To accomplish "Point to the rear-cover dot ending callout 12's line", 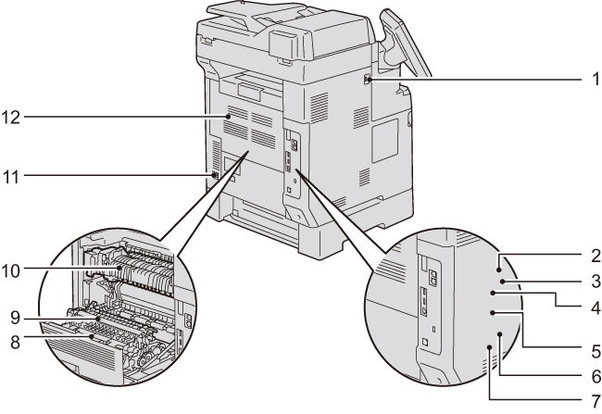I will tap(229, 117).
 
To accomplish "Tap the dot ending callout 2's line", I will tap(500, 260).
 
